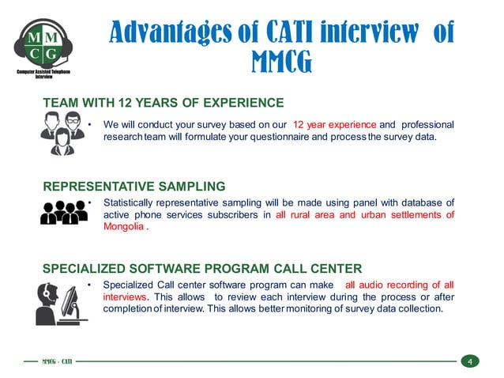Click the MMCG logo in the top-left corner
pos(43,46)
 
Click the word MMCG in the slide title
pos(280,60)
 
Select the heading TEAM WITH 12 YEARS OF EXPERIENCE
pos(163,102)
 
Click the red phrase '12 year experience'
pos(334,125)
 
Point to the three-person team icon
pos(62,132)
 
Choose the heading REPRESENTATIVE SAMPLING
pos(134,187)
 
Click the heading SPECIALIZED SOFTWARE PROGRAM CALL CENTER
pos(202,267)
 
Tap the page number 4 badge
pos(469,362)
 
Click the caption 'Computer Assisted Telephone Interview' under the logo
pos(43,76)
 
